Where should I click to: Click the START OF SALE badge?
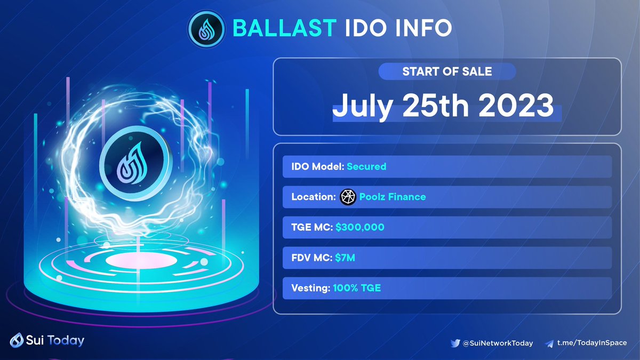click(x=447, y=71)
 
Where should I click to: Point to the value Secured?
click(x=366, y=166)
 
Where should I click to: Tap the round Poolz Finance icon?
click(x=348, y=197)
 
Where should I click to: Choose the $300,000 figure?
click(x=360, y=227)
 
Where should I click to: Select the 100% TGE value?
click(x=357, y=288)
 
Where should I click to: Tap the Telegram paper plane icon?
click(x=549, y=343)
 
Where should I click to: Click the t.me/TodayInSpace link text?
click(x=591, y=343)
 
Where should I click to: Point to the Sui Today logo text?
click(x=53, y=340)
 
